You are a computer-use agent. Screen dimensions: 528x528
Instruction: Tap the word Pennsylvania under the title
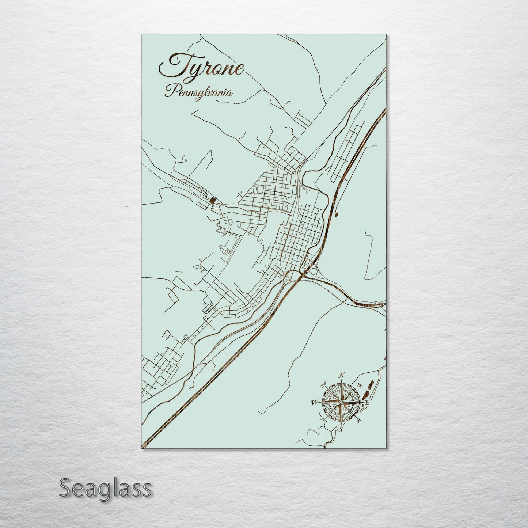pos(199,91)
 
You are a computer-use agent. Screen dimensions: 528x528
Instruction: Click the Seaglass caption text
pos(105,488)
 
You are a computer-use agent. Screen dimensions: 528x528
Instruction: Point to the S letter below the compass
pos(341,429)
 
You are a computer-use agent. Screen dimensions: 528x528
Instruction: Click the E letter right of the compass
pos(367,402)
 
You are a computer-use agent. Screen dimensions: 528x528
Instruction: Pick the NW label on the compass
pos(323,385)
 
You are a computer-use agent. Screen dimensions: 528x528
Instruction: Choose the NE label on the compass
pos(359,385)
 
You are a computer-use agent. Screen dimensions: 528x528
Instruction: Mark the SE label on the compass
pos(359,420)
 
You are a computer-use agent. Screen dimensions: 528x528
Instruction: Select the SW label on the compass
pos(323,420)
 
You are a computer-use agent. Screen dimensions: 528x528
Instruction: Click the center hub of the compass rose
pos(341,402)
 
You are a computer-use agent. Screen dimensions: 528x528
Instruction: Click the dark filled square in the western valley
pos(212,200)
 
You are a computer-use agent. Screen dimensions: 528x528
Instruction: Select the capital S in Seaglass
pos(65,488)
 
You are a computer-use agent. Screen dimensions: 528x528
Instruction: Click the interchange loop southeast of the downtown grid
pos(313,271)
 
